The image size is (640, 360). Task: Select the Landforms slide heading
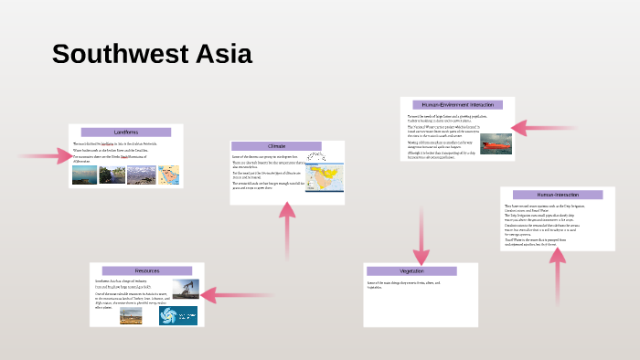click(126, 132)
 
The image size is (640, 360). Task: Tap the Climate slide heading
click(276, 146)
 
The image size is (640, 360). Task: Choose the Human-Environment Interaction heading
click(457, 105)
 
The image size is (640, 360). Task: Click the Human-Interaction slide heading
click(558, 195)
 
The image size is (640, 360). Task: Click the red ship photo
click(496, 143)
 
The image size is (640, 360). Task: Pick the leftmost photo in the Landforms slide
click(86, 174)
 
